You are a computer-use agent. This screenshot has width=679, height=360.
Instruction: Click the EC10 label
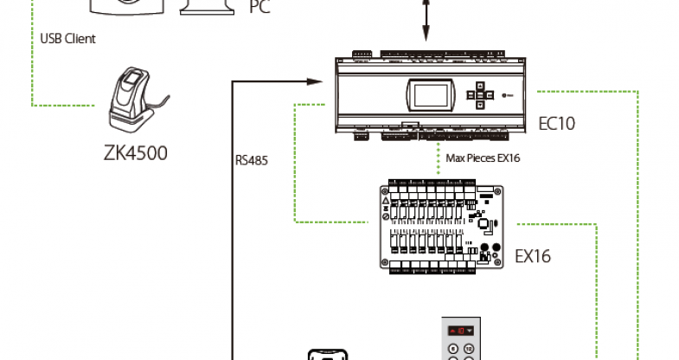tap(556, 123)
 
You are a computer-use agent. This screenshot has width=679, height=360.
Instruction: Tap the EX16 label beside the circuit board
tap(533, 256)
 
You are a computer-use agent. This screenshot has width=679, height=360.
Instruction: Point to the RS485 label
tap(251, 159)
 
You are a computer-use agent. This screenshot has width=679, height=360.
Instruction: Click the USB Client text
tap(67, 39)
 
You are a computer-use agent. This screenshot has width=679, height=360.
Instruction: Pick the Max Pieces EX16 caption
tap(483, 157)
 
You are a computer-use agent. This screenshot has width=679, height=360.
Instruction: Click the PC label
tap(259, 9)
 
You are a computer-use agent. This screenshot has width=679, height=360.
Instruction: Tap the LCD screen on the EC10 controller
tap(428, 93)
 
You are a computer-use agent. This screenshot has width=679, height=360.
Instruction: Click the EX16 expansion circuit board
tap(440, 227)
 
